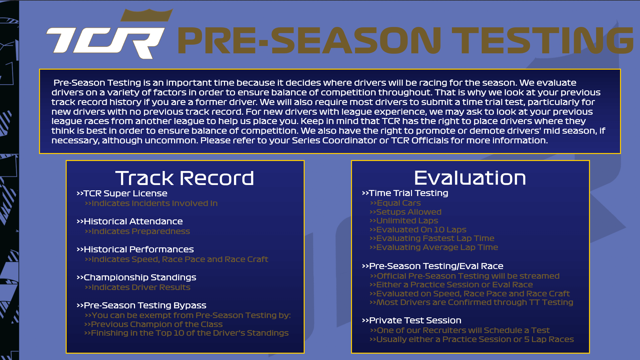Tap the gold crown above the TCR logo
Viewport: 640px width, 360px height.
[x=147, y=15]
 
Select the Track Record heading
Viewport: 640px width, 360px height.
[x=185, y=178]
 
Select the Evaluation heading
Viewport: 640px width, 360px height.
[x=470, y=178]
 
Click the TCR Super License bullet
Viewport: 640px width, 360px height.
[x=122, y=193]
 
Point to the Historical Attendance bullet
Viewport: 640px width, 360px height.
[x=130, y=221]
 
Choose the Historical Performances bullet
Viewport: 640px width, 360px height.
[x=135, y=249]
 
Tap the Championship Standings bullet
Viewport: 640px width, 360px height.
[x=136, y=277]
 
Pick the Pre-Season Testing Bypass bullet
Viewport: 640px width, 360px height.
[x=141, y=305]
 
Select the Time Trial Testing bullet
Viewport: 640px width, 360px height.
[x=405, y=193]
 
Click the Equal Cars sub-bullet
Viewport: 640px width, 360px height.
[x=395, y=203]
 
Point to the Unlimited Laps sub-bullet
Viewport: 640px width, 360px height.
[x=404, y=221]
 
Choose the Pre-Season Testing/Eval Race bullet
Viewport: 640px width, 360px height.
[x=432, y=266]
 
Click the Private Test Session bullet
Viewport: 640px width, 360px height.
[x=411, y=320]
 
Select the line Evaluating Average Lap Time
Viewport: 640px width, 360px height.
[x=434, y=247]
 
